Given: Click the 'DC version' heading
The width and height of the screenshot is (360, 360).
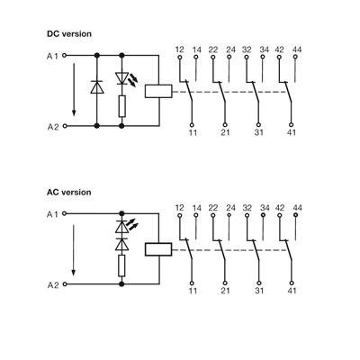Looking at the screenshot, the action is (69, 34).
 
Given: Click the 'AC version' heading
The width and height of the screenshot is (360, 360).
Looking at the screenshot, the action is (68, 192).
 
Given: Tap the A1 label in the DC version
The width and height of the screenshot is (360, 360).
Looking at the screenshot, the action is (52, 56).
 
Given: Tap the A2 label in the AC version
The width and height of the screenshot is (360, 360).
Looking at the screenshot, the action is (53, 285).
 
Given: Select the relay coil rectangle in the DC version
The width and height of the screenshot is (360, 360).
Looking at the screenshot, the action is (158, 91).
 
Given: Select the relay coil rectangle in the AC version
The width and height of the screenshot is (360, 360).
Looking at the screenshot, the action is (158, 249).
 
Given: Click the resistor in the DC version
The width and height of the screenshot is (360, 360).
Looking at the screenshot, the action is (121, 106).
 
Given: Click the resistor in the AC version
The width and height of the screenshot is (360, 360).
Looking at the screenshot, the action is (121, 265).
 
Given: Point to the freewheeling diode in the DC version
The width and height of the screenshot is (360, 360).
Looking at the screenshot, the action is (97, 87).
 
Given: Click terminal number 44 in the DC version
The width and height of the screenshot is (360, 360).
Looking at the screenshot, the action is (297, 49).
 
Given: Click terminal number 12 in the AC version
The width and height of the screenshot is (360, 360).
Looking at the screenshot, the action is (179, 208).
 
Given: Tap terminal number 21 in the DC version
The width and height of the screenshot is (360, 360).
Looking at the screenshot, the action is (225, 132).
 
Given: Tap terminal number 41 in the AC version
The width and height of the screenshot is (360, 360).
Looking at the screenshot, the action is (292, 291).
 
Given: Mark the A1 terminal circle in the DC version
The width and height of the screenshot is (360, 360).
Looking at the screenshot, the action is (64, 56).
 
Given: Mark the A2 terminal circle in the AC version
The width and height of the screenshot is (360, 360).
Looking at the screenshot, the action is (64, 284).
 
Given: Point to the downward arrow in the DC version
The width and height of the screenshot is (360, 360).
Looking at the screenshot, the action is (74, 89).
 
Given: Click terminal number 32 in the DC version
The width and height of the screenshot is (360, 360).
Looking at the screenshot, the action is (247, 49).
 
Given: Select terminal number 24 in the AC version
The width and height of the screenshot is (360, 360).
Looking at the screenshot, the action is (230, 208).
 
